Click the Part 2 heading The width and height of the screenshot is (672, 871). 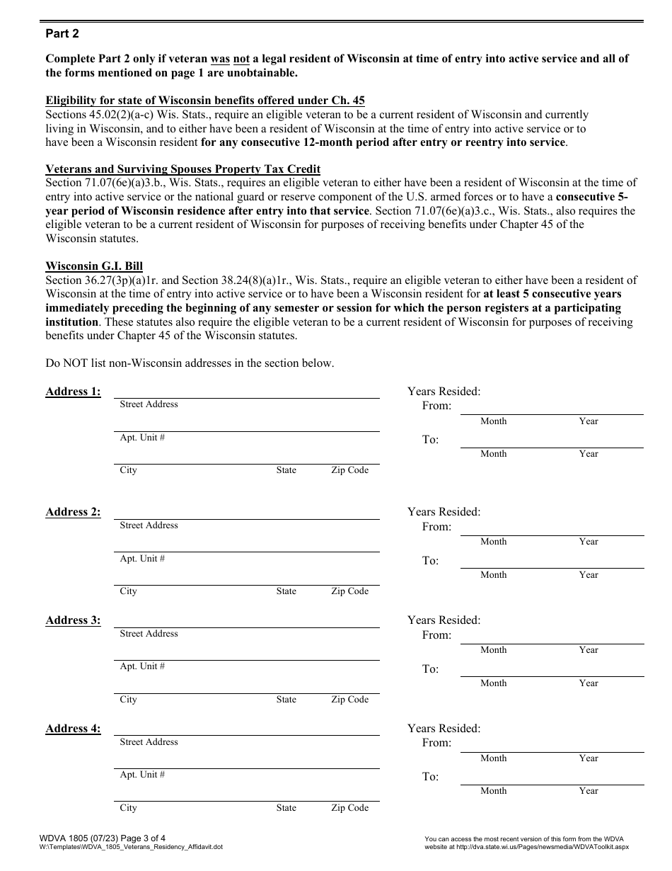(62, 33)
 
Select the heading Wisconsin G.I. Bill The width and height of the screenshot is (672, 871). (94, 266)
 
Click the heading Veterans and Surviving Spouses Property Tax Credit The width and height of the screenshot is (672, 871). (183, 169)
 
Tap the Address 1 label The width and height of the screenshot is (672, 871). (73, 392)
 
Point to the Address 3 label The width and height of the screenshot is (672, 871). (73, 620)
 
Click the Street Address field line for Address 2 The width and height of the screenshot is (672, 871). (246, 518)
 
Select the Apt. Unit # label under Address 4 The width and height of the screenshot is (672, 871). (142, 775)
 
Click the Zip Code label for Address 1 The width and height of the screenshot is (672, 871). (349, 470)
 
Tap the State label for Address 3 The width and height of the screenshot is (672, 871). (286, 700)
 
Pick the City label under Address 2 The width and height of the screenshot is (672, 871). (128, 591)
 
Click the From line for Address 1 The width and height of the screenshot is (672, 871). (552, 413)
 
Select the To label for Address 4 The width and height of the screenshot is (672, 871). (430, 777)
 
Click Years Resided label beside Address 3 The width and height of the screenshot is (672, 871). (444, 620)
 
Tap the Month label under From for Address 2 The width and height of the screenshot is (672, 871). (493, 542)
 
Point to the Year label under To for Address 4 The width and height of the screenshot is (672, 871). (588, 791)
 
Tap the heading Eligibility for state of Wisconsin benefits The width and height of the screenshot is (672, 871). (205, 101)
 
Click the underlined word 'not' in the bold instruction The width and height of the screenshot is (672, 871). (241, 59)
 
